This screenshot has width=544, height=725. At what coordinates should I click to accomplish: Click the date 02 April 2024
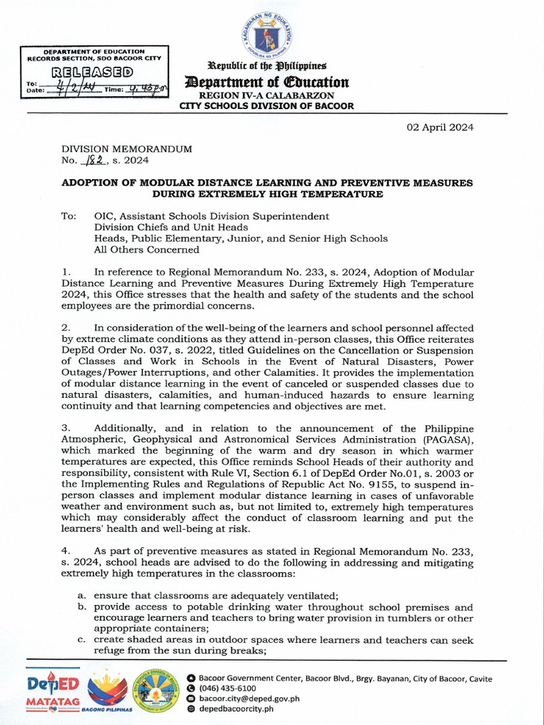click(439, 127)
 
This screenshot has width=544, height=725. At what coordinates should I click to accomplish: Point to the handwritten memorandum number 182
click(93, 161)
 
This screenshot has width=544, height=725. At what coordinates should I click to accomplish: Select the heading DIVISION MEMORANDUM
click(126, 149)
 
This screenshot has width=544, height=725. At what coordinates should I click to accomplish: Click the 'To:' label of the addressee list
click(69, 216)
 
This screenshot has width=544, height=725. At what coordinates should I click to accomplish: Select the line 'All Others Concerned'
click(147, 249)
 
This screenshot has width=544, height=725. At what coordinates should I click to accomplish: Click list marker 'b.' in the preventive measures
click(82, 607)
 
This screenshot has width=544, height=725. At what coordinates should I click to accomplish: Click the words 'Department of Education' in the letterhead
click(266, 82)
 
